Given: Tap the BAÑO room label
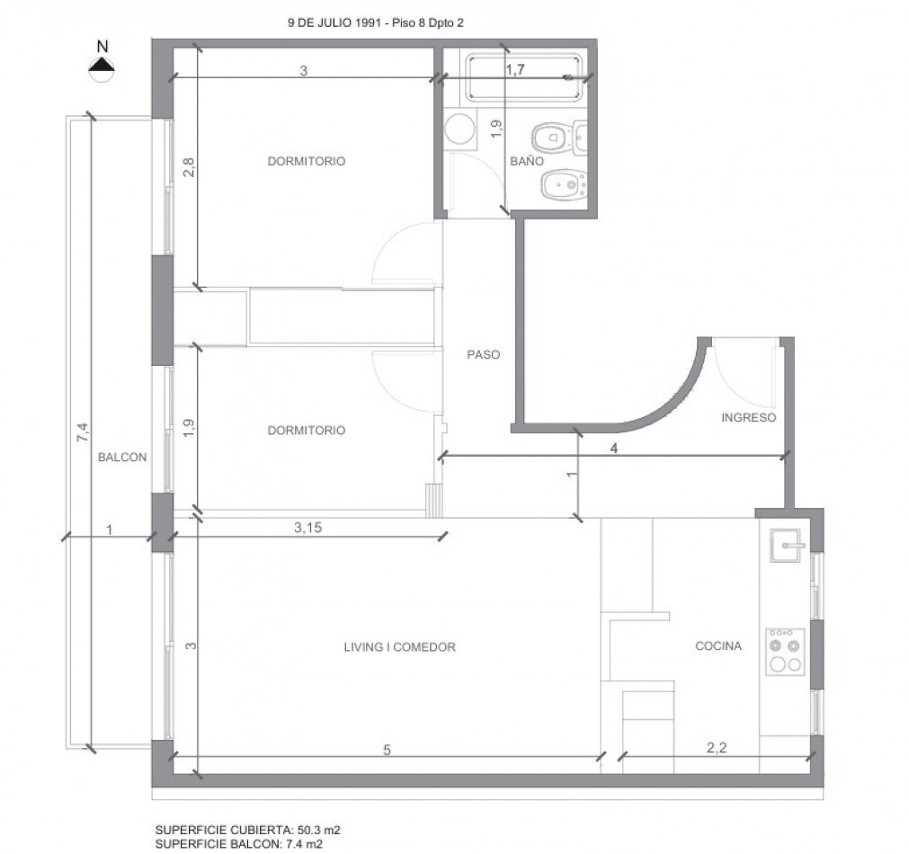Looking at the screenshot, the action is coord(527,161).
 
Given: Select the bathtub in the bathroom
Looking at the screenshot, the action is coord(524,77).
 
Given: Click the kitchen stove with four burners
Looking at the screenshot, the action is coord(785,652).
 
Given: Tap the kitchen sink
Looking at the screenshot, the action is coord(786,545).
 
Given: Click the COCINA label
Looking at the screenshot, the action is coord(718,645).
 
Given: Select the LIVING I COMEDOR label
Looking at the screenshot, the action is coord(399,647).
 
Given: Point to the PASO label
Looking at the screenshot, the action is coord(484,354).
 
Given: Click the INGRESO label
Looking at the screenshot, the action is coord(748,417).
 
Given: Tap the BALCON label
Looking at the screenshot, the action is coord(121,458).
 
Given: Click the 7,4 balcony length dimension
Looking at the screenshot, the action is coord(83,432).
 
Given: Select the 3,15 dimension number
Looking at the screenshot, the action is coord(307,528).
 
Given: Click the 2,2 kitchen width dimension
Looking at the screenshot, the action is coord(717,748).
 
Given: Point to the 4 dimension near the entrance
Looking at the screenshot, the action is coord(614,449).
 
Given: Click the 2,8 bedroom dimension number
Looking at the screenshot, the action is coord(189,167).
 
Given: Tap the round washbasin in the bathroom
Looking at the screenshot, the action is coord(459,129).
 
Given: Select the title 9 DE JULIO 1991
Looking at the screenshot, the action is coord(334,23).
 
